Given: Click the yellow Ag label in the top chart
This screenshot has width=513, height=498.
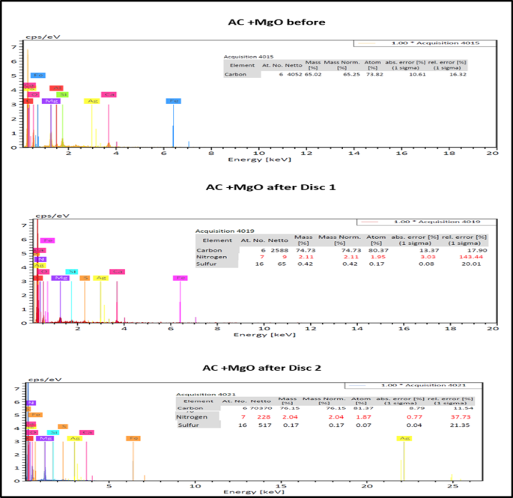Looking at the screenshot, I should pyautogui.click(x=92, y=100).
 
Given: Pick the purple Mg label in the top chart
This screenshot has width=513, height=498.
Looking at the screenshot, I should pyautogui.click(x=51, y=100).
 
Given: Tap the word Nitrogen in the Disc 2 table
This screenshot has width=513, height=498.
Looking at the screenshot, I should pyautogui.click(x=192, y=416).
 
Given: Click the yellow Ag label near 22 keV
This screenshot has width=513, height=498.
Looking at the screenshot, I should pyautogui.click(x=404, y=438).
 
